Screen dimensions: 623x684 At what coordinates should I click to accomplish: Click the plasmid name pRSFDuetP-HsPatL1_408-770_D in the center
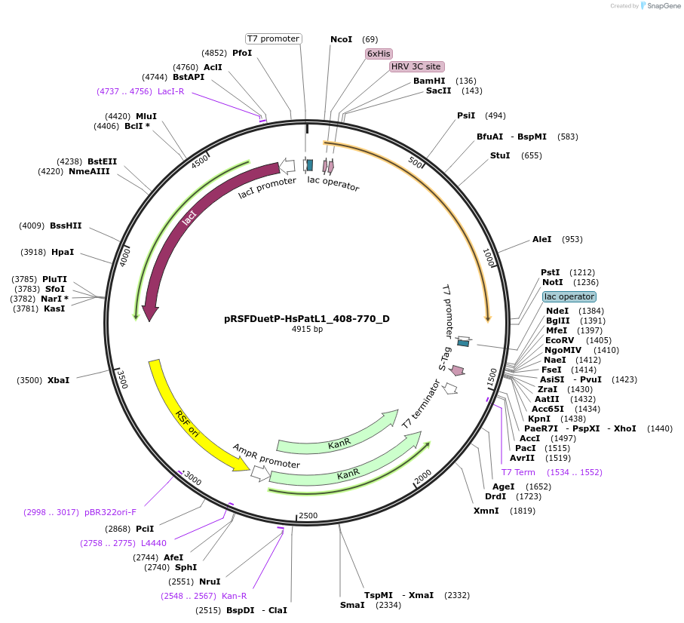(x=307, y=318)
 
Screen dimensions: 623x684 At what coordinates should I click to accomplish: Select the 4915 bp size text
(x=307, y=330)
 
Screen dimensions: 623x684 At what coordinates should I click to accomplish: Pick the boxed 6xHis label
(x=379, y=54)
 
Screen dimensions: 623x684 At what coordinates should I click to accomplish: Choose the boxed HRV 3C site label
(x=416, y=66)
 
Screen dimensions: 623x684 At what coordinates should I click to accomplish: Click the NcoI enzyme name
(x=341, y=39)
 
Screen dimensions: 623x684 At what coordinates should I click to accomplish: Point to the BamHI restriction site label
(x=429, y=81)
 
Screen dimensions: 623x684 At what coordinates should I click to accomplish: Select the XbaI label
(x=58, y=380)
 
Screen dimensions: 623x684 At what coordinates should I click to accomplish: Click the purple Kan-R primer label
(x=234, y=596)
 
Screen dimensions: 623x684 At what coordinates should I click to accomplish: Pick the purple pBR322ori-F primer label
(x=111, y=512)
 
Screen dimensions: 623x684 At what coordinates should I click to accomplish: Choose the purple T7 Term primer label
(x=518, y=472)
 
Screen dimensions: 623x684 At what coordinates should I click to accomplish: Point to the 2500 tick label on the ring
(x=308, y=515)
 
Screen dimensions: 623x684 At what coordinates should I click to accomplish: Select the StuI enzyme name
(x=500, y=155)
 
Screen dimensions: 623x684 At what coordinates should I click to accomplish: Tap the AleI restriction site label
(x=542, y=239)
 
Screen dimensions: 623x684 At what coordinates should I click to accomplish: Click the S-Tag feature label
(x=445, y=358)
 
